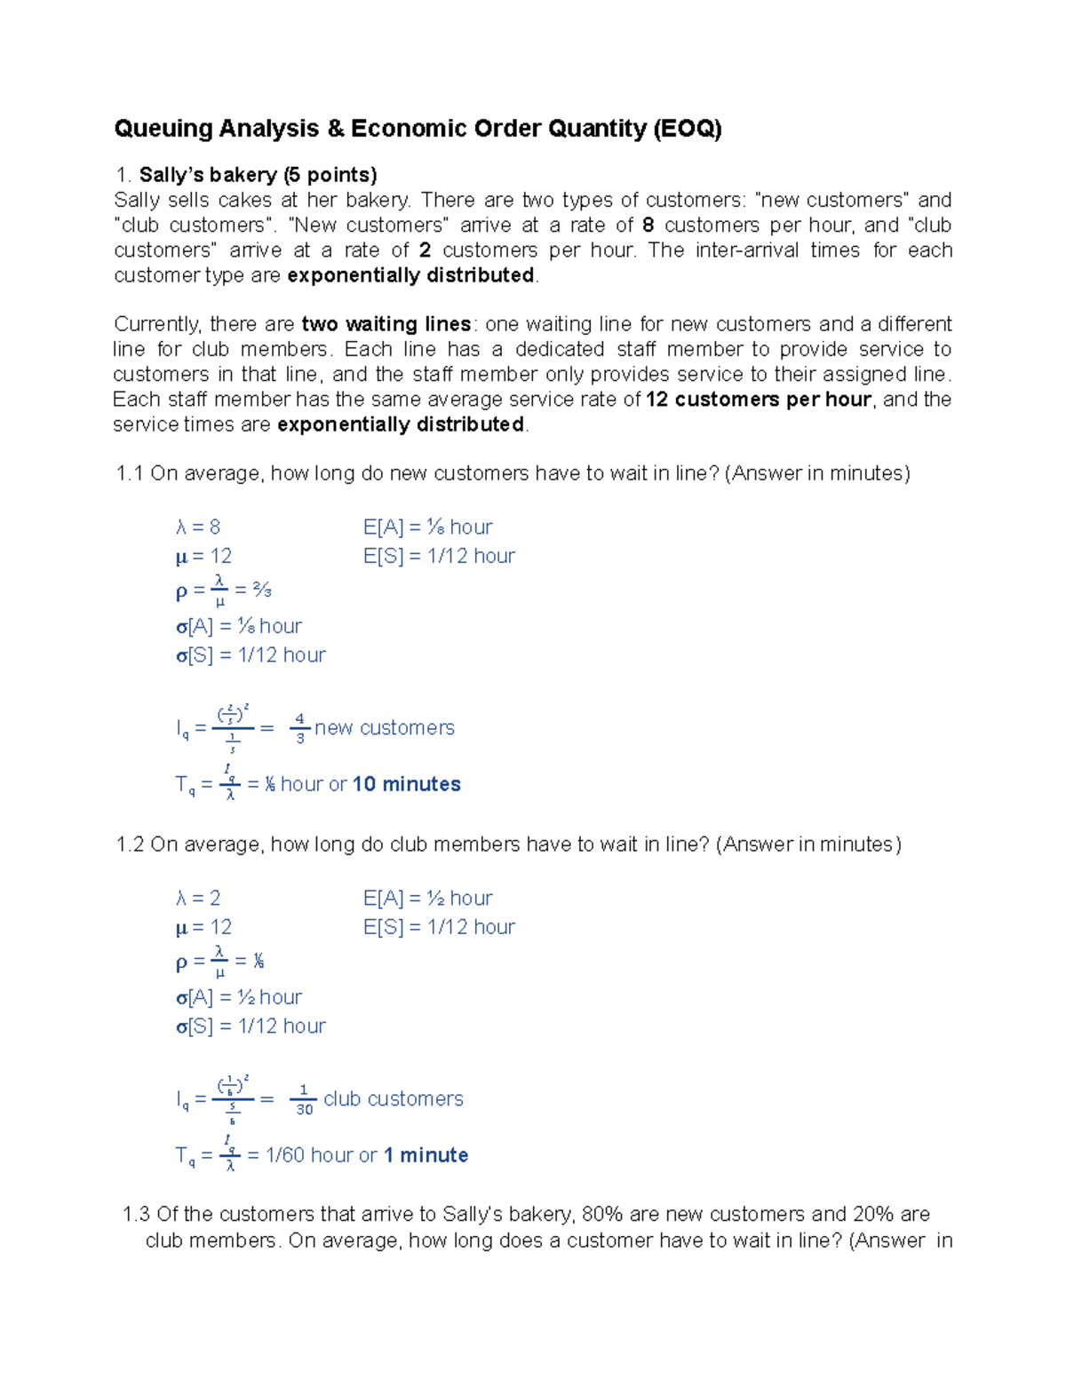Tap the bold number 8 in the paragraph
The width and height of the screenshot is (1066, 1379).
648,226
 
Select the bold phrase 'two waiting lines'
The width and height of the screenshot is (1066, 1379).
386,324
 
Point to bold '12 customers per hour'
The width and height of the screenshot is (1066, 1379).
759,400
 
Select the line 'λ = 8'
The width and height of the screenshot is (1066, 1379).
198,527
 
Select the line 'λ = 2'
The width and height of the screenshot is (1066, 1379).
198,899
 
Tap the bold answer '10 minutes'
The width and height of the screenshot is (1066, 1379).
407,785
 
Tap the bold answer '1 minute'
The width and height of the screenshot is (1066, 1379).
426,1155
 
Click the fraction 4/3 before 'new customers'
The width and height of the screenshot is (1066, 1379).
300,728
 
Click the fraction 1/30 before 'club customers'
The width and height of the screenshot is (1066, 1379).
304,1099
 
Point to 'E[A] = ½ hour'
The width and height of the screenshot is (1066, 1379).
427,899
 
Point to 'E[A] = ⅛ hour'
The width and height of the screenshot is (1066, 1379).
427,527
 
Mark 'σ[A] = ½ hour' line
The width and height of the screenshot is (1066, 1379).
239,998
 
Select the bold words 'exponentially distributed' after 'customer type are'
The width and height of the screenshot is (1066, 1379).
410,275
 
